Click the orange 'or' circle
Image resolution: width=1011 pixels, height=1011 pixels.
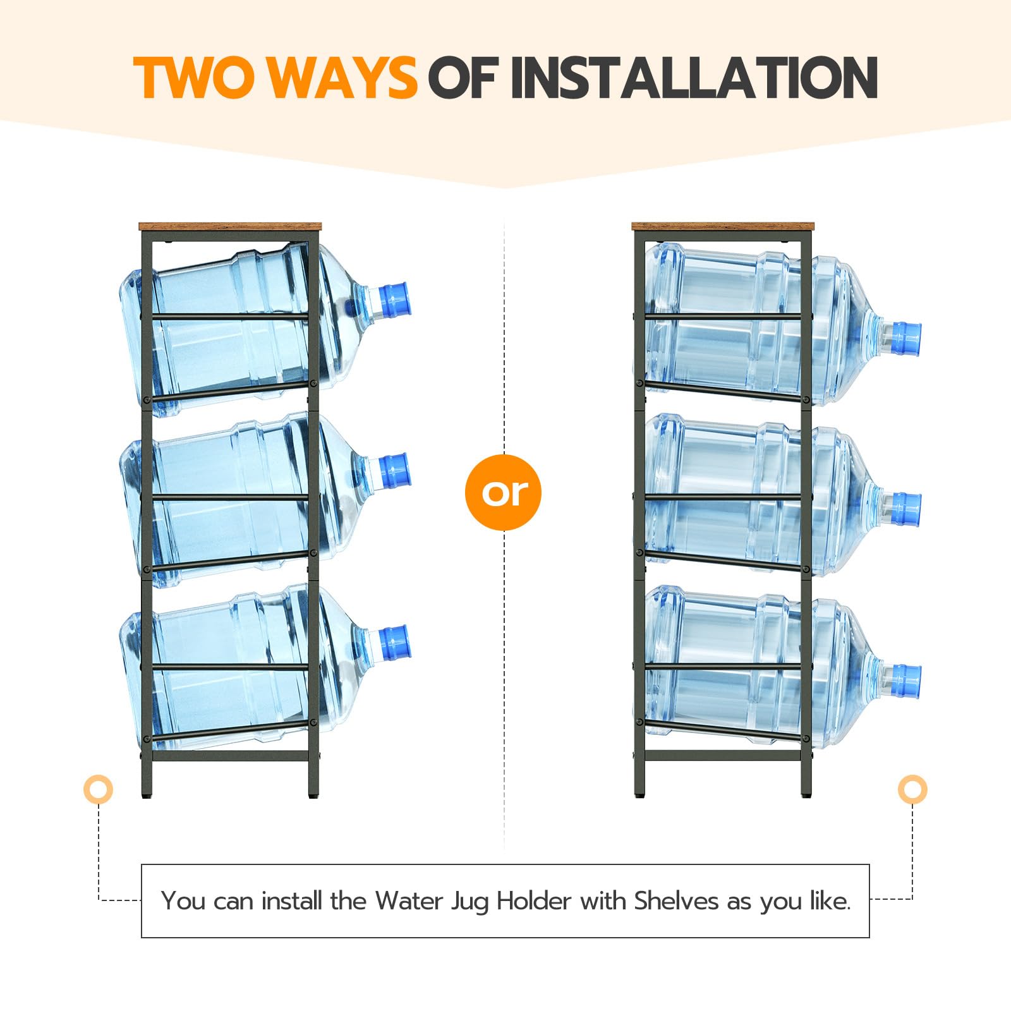pyautogui.click(x=504, y=492)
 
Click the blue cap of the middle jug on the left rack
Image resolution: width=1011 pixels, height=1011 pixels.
pyautogui.click(x=395, y=471)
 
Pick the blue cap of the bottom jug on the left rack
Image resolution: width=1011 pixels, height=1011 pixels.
pyautogui.click(x=395, y=643)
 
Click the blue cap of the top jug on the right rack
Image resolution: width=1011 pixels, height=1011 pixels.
pyautogui.click(x=905, y=339)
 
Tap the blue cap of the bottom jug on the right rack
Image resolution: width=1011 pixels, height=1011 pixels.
pyautogui.click(x=905, y=681)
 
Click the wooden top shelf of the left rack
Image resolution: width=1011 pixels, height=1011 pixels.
pyautogui.click(x=230, y=227)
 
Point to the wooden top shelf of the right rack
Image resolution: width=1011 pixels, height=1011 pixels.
pyautogui.click(x=723, y=227)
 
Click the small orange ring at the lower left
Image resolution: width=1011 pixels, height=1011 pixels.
pyautogui.click(x=98, y=789)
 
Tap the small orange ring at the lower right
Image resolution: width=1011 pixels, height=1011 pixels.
pyautogui.click(x=912, y=789)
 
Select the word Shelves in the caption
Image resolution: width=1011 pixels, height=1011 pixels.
pyautogui.click(x=677, y=900)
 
